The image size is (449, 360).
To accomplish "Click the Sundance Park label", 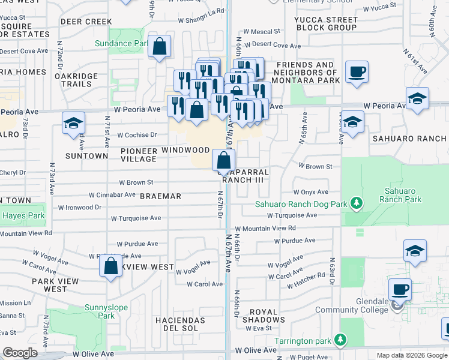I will pyautogui.click(x=121, y=43).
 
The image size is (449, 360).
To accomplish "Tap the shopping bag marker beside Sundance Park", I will pyautogui.click(x=159, y=47).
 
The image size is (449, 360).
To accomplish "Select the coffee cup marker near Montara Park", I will pyautogui.click(x=357, y=72).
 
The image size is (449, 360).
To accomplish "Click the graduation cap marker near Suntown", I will pyautogui.click(x=73, y=124).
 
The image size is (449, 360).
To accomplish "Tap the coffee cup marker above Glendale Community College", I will pyautogui.click(x=400, y=290).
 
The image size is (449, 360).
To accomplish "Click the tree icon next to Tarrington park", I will pyautogui.click(x=340, y=341).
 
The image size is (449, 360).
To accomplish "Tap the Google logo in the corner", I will pyautogui.click(x=20, y=353).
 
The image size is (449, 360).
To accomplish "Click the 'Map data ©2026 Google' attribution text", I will pyautogui.click(x=411, y=355).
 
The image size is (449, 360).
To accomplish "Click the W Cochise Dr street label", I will pyautogui.click(x=137, y=135).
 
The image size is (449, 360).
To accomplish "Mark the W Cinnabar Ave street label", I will pyautogui.click(x=112, y=195).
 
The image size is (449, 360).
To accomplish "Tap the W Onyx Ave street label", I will pyautogui.click(x=311, y=192).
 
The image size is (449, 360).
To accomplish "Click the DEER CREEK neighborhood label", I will pyautogui.click(x=86, y=22).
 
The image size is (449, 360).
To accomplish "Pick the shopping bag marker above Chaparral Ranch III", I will pyautogui.click(x=223, y=161).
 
